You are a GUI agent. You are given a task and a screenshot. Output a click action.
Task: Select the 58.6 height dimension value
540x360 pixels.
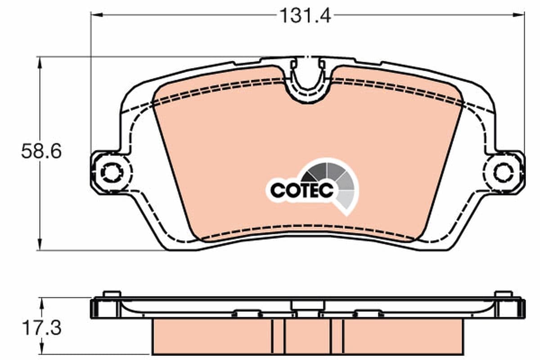click(41, 152)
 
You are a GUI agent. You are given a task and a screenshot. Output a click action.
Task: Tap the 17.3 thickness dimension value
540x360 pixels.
click(41, 328)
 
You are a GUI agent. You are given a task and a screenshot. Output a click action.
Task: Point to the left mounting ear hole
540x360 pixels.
click(110, 171)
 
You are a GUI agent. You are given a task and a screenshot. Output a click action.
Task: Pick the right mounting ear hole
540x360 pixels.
click(503, 172)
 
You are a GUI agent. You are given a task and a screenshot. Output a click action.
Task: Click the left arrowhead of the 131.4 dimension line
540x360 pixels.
click(95, 15)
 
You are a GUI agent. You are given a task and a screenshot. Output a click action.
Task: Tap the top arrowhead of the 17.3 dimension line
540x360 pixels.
click(41, 302)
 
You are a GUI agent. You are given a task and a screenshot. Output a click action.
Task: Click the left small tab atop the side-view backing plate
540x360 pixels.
click(112, 294)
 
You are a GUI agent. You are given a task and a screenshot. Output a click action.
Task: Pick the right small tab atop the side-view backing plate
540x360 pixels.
click(504, 294)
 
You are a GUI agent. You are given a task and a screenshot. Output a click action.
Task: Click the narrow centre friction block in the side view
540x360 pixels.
click(308, 337)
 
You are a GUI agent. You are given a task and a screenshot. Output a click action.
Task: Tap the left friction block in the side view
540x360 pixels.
click(211, 337)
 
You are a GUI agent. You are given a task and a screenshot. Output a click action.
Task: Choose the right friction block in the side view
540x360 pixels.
click(403, 337)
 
